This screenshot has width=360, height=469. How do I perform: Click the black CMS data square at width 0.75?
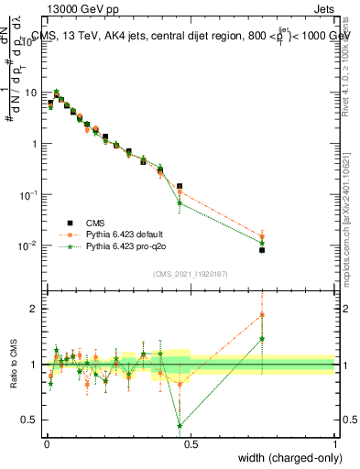click(262, 249)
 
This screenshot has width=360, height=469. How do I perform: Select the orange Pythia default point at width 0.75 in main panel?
click(262, 235)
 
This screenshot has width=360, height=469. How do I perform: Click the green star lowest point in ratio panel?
click(180, 425)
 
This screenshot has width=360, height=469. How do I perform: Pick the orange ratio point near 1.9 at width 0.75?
click(262, 314)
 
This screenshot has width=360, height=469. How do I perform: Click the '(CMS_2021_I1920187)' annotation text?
click(190, 274)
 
